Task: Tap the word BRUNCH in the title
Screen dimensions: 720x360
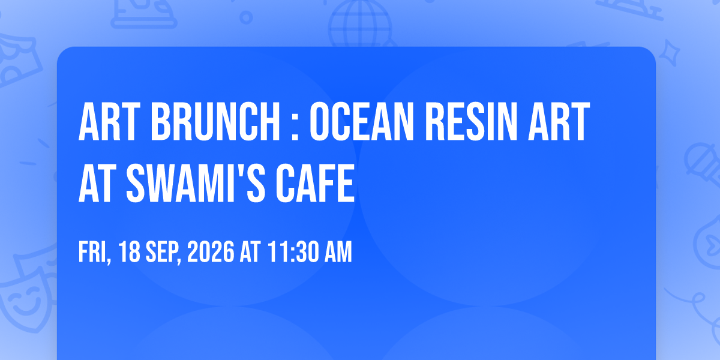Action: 215,121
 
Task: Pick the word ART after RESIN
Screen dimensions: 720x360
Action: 559,121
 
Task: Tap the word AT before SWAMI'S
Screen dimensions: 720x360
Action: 97,183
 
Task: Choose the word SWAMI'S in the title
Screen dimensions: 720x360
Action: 196,183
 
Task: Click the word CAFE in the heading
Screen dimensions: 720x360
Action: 316,183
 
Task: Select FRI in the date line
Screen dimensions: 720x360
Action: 92,253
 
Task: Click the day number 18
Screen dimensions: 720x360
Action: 130,252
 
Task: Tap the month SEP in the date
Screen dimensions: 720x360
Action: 162,252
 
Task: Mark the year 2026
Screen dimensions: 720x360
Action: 211,252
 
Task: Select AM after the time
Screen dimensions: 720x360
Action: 338,252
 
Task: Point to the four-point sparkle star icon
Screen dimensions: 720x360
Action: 669,53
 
